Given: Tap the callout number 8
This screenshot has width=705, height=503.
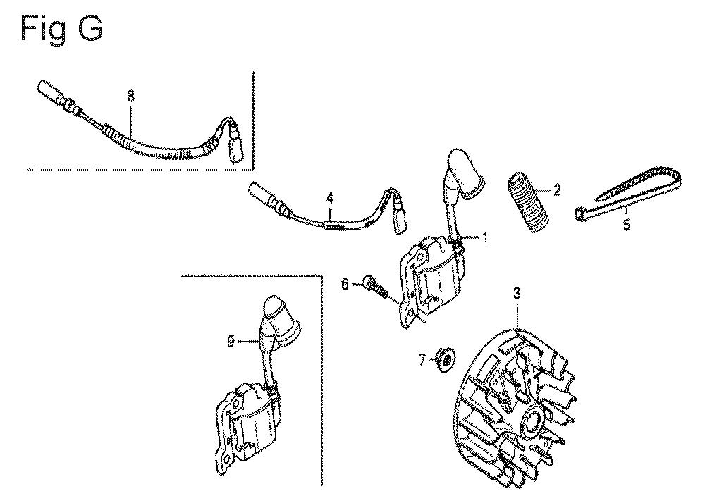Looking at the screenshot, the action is coord(131,97).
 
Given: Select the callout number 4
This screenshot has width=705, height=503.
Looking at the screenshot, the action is coord(330,197).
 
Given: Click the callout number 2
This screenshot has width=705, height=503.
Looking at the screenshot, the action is coord(557,190).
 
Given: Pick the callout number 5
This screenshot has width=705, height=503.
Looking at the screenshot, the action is coord(627,224).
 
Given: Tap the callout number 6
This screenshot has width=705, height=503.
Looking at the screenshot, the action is coord(345,285).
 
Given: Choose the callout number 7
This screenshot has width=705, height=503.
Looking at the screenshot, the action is coord(422,360).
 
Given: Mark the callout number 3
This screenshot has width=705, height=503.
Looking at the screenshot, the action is coord(517,294).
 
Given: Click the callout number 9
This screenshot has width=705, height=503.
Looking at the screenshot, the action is coord(231,342).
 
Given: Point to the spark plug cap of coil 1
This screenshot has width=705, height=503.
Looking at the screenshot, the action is coord(465,174).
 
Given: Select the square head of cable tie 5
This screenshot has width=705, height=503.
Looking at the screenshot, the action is coord(580,213).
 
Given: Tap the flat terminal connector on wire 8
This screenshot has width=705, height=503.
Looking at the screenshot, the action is coord(236,147).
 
